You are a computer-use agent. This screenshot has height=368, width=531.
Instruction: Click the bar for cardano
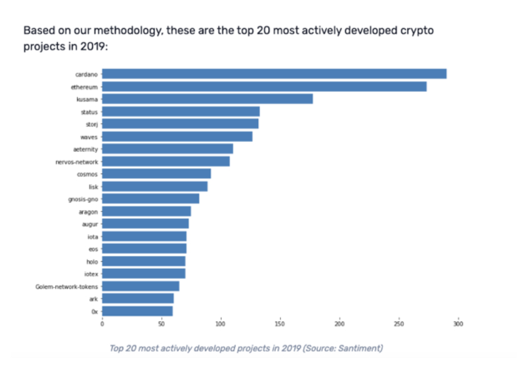pos(274,74)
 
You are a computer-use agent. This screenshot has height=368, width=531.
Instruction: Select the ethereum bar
pos(264,87)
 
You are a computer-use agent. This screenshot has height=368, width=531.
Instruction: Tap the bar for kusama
pos(207,99)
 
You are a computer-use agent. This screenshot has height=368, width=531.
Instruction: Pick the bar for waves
pos(177,137)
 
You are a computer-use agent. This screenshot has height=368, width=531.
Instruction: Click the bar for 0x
pos(137,311)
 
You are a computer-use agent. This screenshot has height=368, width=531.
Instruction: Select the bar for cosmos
pos(156,174)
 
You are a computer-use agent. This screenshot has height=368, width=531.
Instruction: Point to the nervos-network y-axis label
pos(76,162)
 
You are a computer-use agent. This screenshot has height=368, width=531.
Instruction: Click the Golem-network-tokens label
pos(66,287)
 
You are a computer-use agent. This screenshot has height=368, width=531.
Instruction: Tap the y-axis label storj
pos(91,124)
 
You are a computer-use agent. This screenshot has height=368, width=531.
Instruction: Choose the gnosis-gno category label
pos(83,199)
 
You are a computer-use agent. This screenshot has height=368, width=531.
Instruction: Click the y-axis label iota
pos(92,236)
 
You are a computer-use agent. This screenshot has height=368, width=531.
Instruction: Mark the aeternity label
pos(85,149)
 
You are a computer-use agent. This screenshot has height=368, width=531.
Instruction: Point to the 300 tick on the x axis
pos(458,324)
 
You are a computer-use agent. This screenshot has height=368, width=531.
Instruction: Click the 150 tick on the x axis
pos(280,324)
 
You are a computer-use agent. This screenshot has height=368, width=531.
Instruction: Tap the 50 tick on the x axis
pos(161,324)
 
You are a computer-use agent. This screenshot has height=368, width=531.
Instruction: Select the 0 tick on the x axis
pos(102,324)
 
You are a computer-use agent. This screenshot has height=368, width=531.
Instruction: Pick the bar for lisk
pos(154,186)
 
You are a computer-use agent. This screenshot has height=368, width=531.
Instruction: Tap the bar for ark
pos(138,298)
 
